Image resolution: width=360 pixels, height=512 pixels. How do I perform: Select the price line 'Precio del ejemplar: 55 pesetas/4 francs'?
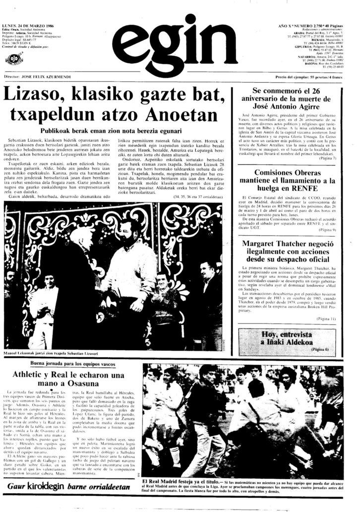point(309,78)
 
